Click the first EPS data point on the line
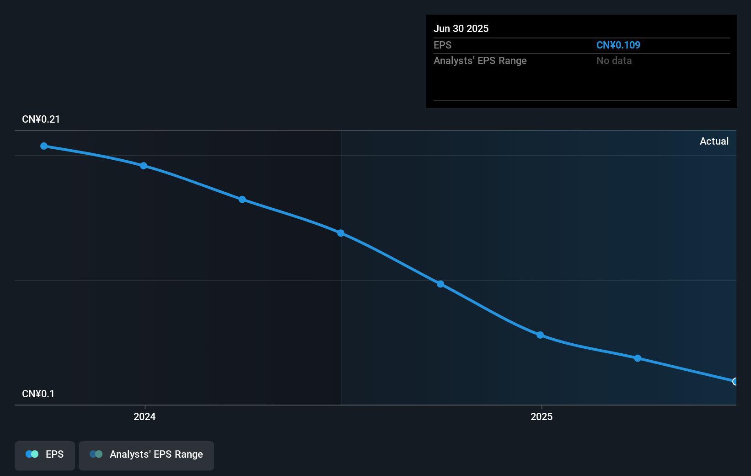click(x=44, y=146)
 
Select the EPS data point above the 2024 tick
click(x=144, y=166)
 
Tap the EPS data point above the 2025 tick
click(x=540, y=335)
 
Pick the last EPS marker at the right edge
click(x=735, y=381)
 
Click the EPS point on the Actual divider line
click(x=341, y=233)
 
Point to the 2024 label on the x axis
click(x=145, y=416)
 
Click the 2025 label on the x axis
click(x=542, y=416)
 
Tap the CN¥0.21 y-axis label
click(x=41, y=119)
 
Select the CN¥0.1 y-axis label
click(x=38, y=394)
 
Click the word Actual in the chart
click(x=714, y=141)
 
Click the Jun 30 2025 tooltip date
click(x=461, y=28)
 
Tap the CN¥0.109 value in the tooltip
click(x=618, y=45)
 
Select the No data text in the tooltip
click(x=614, y=60)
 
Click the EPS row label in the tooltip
click(x=442, y=45)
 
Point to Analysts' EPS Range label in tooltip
click(x=480, y=60)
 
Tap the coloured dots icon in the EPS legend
click(x=32, y=454)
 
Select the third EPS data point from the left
click(x=242, y=200)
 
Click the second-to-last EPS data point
click(x=638, y=358)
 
